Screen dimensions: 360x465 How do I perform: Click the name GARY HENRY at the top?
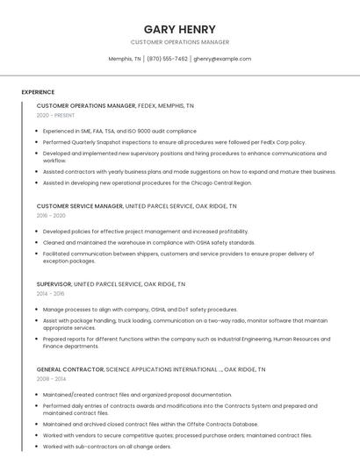click(179, 29)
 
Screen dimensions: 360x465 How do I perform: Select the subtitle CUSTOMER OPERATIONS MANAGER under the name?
click(179, 42)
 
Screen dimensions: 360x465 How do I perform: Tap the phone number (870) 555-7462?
click(167, 59)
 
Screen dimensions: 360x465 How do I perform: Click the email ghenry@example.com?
click(222, 59)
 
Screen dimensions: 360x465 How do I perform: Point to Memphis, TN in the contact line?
click(125, 59)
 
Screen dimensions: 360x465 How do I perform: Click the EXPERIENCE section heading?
click(38, 92)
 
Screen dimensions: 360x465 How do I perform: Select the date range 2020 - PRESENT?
click(55, 115)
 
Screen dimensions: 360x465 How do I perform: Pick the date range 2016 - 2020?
click(51, 215)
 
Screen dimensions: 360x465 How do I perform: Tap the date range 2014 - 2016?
click(51, 293)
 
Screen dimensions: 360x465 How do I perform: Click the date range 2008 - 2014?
click(51, 379)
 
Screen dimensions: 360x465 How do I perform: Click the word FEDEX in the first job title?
click(149, 105)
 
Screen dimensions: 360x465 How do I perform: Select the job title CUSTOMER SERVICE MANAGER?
click(80, 206)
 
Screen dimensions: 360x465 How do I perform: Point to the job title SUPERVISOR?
click(54, 284)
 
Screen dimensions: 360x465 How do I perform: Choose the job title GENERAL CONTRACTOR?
click(70, 369)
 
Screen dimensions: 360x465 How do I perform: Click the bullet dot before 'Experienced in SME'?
click(38, 131)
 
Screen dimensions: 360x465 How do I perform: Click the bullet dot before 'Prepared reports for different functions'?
click(38, 339)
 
